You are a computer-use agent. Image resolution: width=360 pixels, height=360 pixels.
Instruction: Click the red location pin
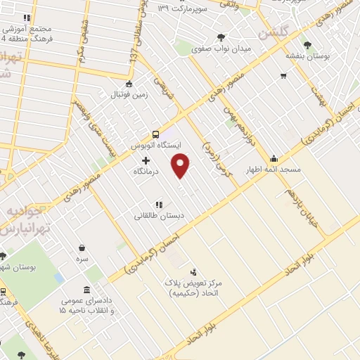point(181,166)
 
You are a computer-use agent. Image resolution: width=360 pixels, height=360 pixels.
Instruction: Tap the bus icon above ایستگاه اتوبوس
point(156,134)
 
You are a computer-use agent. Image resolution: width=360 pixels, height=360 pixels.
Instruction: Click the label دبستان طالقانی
point(160,217)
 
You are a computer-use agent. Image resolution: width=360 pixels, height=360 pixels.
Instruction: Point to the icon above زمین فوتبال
point(128,84)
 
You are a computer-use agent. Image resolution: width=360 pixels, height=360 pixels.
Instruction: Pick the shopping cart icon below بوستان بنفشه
point(283,75)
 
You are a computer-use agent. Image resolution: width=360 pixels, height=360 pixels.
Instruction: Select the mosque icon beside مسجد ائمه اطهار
point(274,159)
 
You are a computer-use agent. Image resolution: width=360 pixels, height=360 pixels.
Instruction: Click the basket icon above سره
point(82,247)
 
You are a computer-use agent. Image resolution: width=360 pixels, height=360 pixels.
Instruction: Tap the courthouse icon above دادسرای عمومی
point(86,290)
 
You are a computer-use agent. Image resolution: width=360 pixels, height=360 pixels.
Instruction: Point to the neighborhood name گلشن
point(274,32)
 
